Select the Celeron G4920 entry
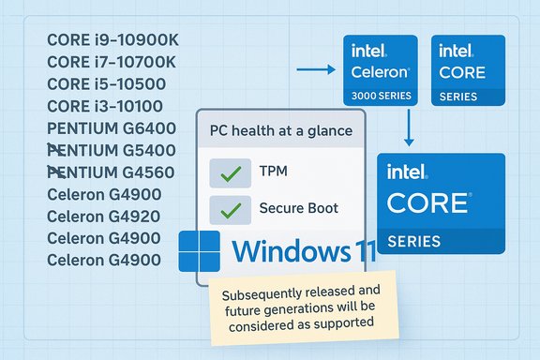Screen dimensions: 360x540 104,216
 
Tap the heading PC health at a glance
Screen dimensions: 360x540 280,131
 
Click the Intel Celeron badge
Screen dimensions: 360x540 380,69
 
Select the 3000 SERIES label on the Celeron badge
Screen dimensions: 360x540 380,96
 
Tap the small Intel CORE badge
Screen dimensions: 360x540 466,69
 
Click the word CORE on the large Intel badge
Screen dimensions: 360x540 428,203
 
